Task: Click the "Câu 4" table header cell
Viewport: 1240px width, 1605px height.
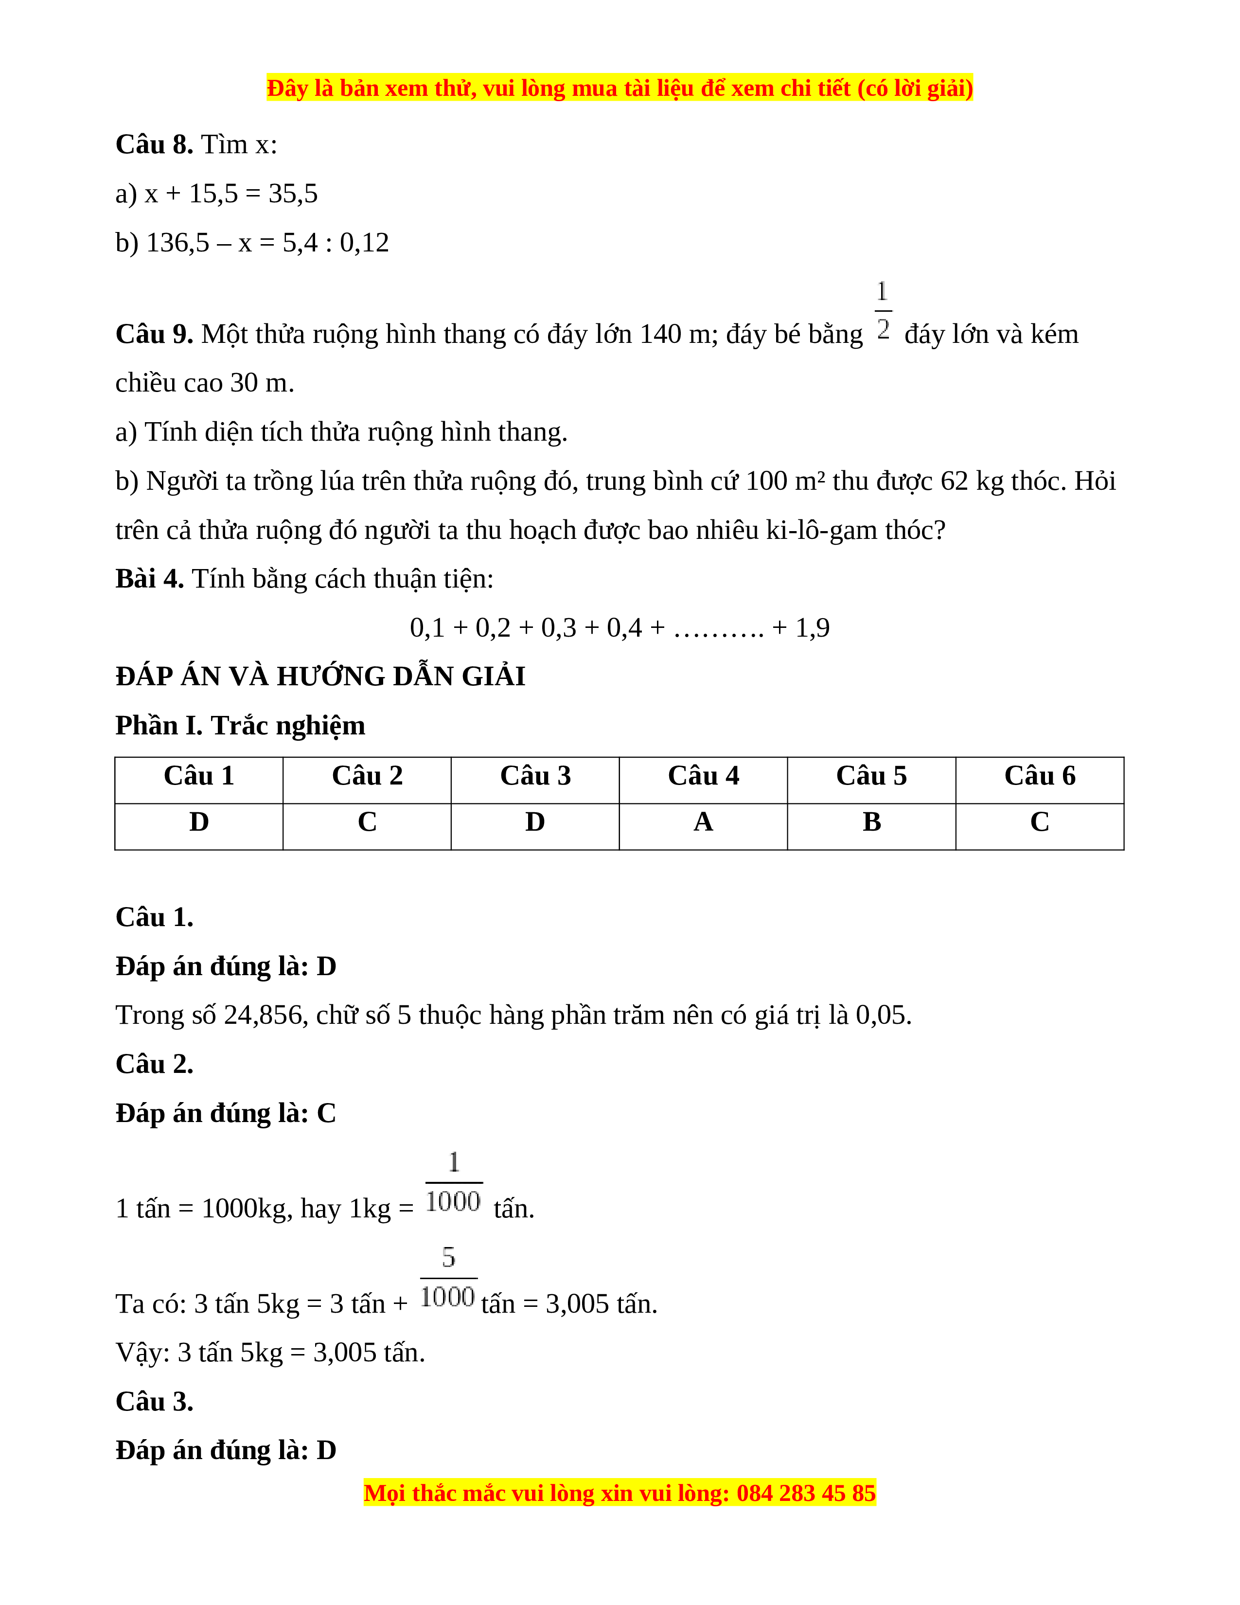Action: point(703,776)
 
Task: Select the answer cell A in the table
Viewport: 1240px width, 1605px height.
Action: point(703,821)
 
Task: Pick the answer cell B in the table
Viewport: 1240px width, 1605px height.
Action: point(871,821)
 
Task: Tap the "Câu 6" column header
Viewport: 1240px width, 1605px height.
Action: point(1040,776)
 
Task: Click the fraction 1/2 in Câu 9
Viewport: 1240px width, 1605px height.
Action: point(883,311)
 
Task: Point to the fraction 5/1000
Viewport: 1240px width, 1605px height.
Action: point(448,1278)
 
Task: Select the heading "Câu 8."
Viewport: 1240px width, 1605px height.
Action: point(154,145)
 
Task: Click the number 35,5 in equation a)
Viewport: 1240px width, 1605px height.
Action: point(293,194)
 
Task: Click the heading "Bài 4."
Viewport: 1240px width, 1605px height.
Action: point(149,579)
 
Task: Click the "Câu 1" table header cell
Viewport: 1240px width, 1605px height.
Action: point(199,776)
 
